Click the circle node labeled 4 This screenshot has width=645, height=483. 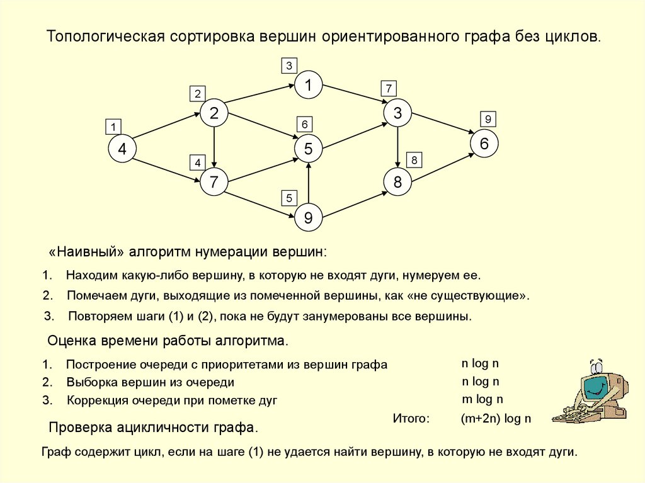(122, 149)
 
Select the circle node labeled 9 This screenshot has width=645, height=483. (308, 218)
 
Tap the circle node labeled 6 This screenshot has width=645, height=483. (484, 144)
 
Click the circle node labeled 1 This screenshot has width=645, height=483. (309, 85)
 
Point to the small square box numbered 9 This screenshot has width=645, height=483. (488, 118)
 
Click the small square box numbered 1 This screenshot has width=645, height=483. (113, 127)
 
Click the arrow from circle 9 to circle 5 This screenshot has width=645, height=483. (308, 184)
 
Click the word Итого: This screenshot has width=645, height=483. (411, 418)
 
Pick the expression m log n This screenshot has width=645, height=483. (482, 399)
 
